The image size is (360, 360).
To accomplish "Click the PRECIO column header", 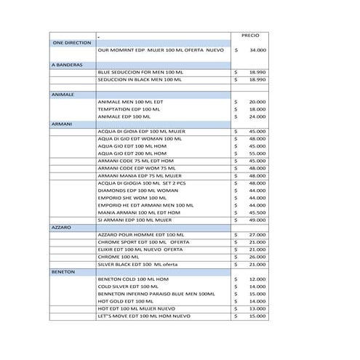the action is tap(250, 35).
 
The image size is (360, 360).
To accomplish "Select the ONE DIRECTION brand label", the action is tap(72, 43).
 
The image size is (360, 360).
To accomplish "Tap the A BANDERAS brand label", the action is tap(68, 65).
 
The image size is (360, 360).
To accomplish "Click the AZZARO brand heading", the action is tap(61, 228).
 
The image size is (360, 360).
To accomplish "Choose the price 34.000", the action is tap(257, 51).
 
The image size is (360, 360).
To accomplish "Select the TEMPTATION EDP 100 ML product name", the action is tap(124, 109).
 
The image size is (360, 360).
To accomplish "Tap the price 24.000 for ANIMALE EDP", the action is tap(257, 116).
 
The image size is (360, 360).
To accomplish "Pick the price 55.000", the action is tap(257, 154).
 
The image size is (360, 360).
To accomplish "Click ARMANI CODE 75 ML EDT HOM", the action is tap(133, 161).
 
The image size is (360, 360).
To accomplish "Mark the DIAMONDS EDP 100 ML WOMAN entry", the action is tap(135, 191).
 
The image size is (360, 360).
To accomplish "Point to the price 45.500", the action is tap(257, 212).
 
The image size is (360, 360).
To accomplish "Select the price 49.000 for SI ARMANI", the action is tap(257, 220).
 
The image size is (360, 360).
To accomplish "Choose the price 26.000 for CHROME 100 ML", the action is tap(257, 257).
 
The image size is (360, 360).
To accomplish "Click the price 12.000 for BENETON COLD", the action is tap(257, 279).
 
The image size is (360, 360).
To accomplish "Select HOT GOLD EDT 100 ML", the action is tap(124, 301).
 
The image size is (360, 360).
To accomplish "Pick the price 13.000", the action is tap(257, 308).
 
